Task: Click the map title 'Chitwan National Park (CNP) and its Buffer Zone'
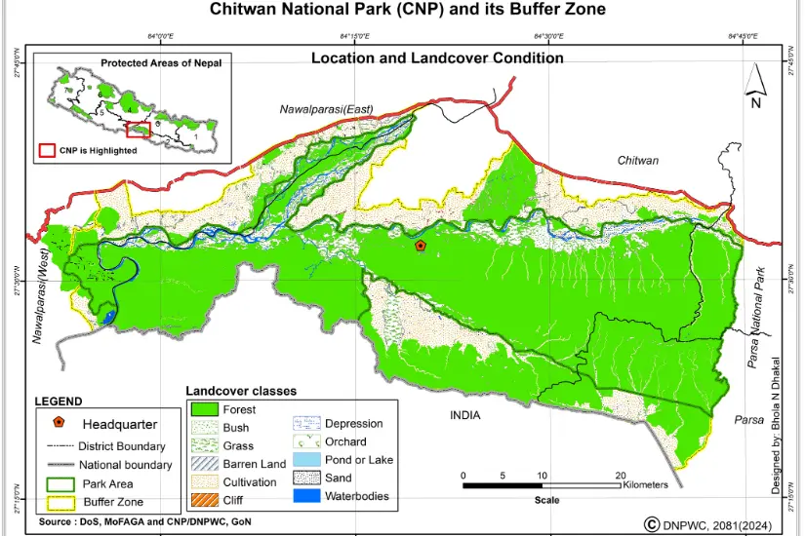pos(408,10)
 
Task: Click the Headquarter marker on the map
pos(421,247)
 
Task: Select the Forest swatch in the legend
pos(204,409)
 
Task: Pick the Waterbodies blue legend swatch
pos(306,496)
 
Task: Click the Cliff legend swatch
pos(204,500)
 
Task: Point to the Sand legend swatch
pos(306,478)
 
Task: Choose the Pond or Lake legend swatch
pos(306,459)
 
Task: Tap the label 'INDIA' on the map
pos(466,415)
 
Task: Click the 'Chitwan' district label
pos(637,160)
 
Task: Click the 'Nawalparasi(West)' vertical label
pos(42,296)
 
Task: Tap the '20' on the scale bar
pos(621,476)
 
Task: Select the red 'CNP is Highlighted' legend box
pos(46,151)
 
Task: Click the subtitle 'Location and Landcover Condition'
pos(437,58)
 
